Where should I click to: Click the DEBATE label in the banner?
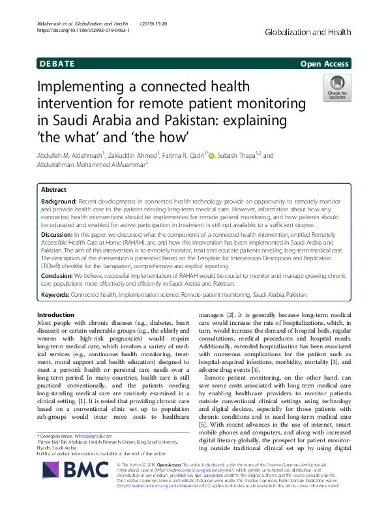pos(57,64)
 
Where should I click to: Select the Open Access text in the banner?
pos(325,64)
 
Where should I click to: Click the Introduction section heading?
pos(61,314)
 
